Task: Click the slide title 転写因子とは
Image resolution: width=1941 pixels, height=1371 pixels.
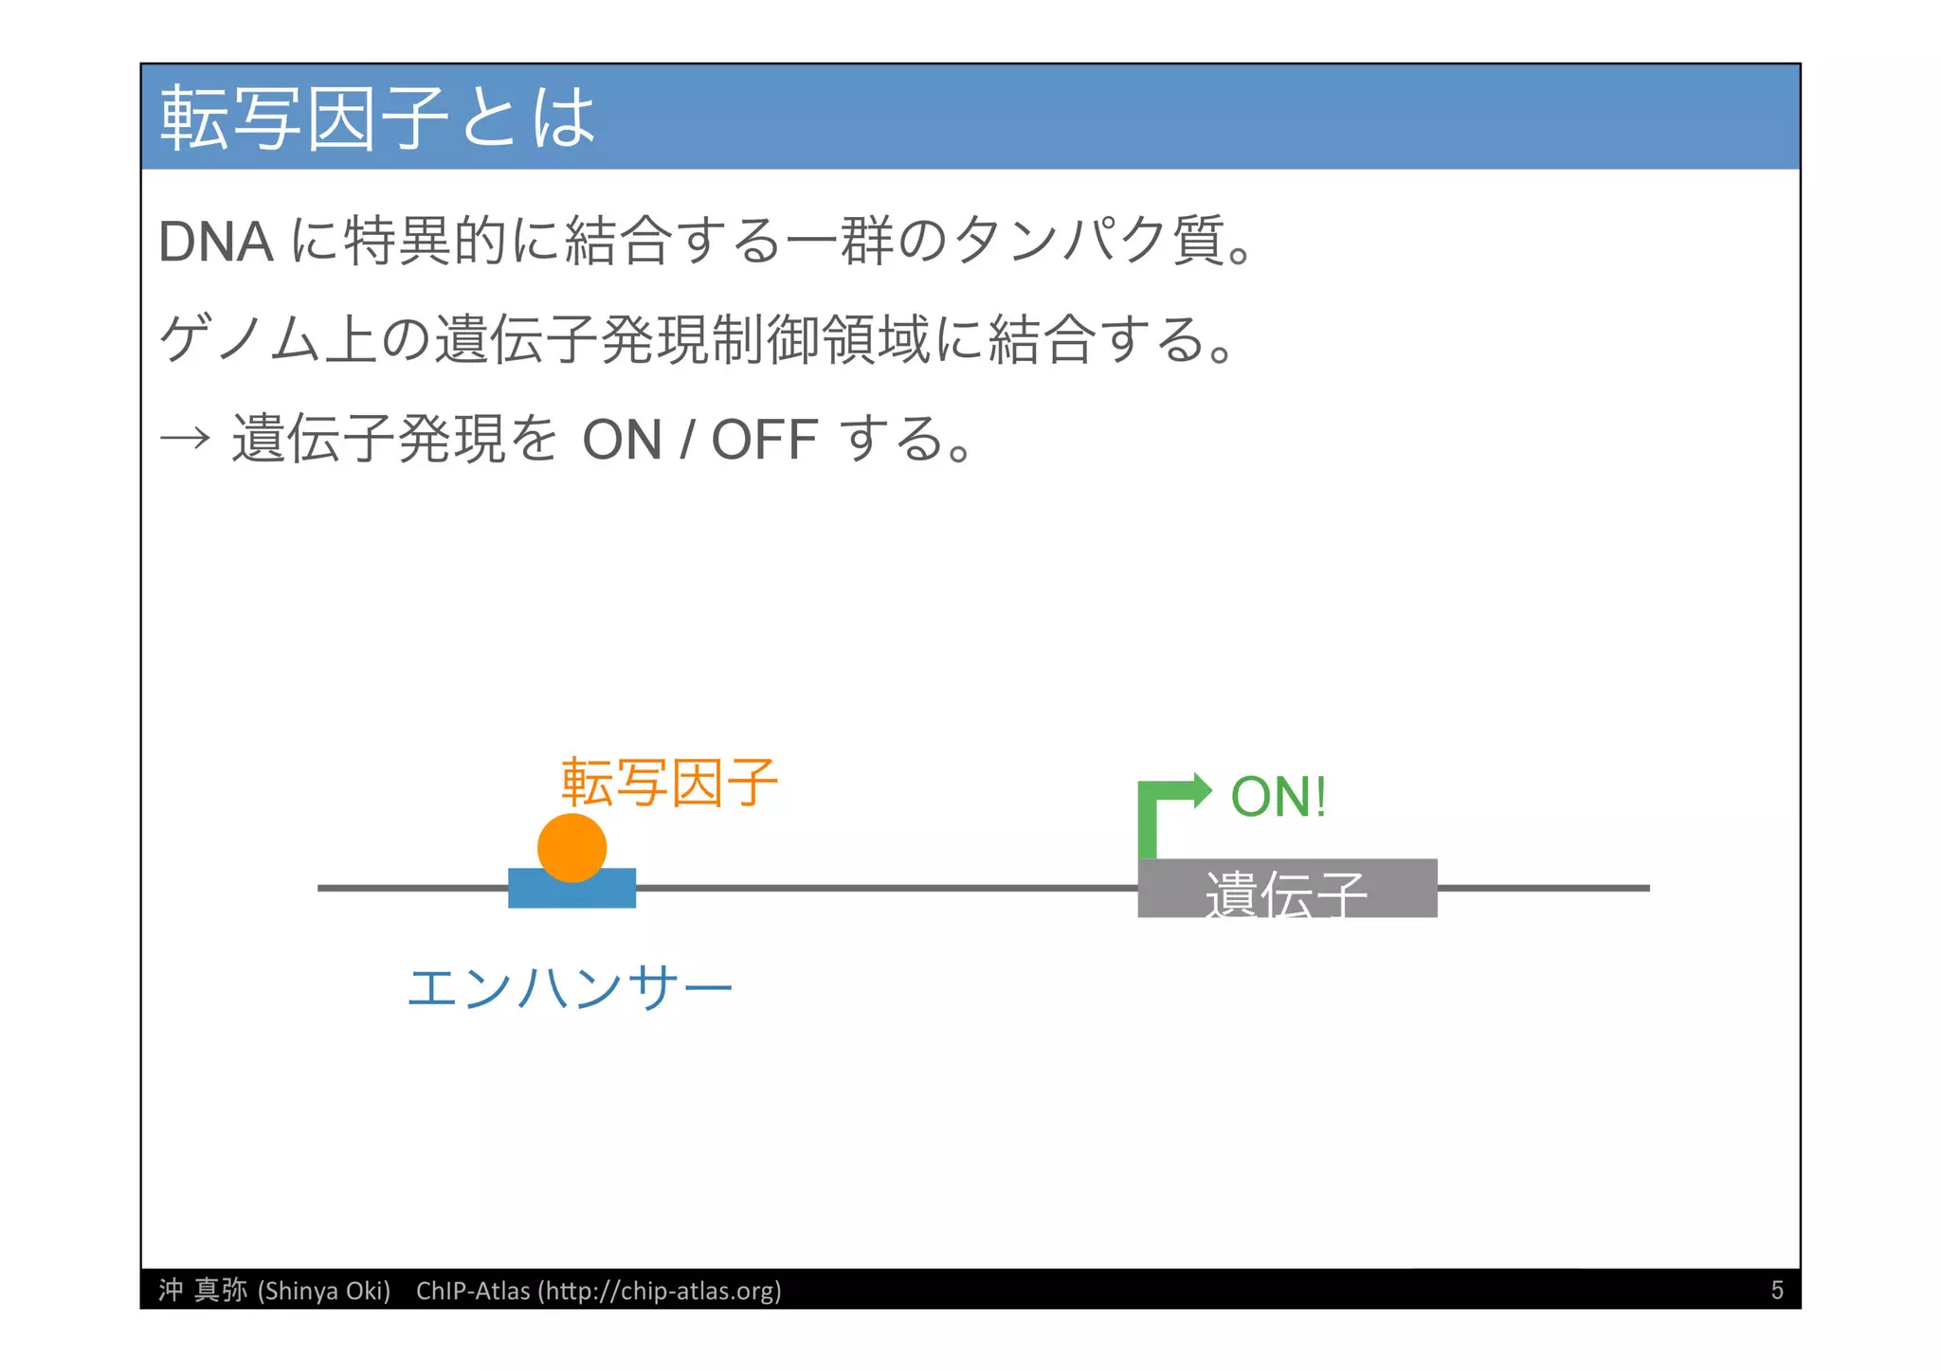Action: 377,117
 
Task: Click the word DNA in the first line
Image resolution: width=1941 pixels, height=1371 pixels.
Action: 215,242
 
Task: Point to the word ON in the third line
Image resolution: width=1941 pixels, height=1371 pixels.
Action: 622,440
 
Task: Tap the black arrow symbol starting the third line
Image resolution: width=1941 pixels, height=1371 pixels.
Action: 184,439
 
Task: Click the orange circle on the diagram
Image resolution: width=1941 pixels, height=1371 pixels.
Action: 571,846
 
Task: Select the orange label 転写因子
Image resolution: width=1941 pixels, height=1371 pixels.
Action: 669,783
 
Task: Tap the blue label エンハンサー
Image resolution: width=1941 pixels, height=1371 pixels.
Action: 569,988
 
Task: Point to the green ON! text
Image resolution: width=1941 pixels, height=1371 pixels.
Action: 1278,797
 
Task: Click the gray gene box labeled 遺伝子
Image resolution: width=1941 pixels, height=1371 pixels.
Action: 1286,889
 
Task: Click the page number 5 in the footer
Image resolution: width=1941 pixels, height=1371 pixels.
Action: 1776,1290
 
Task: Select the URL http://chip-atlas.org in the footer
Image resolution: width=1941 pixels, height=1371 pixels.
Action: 660,1290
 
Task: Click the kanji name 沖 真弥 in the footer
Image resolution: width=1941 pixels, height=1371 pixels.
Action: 203,1290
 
